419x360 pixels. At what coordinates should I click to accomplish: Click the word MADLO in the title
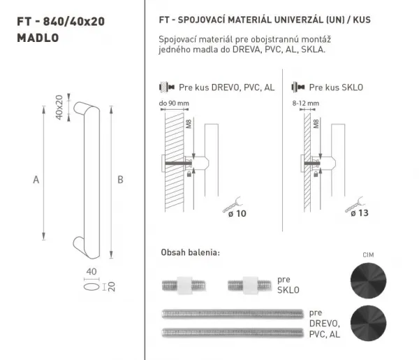click(38, 38)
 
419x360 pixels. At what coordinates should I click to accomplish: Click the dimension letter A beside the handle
click(36, 180)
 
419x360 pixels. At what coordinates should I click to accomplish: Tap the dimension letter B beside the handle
click(121, 180)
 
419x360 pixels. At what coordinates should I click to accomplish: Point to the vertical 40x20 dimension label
click(59, 107)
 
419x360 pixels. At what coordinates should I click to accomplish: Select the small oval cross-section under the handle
click(91, 287)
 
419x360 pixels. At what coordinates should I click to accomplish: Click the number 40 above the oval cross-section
click(91, 271)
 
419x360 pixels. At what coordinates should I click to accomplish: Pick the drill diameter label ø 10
click(237, 213)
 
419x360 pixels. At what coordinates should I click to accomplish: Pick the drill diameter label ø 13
click(360, 213)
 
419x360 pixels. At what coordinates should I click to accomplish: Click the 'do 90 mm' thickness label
click(174, 103)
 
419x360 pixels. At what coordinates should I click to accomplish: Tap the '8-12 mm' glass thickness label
click(306, 103)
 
